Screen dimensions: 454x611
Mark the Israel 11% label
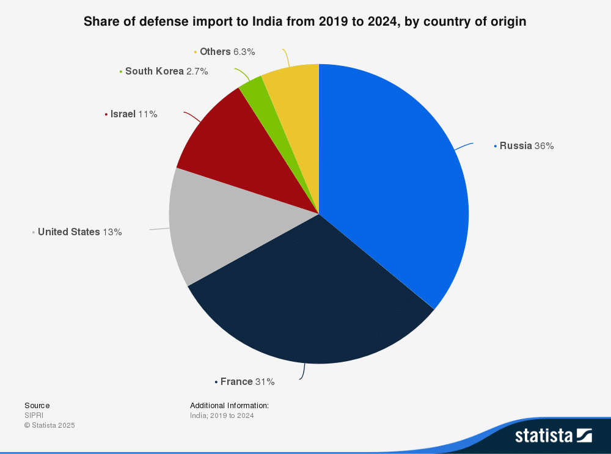pyautogui.click(x=134, y=114)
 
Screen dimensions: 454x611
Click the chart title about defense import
pyautogui.click(x=305, y=21)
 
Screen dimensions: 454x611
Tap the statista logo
pyautogui.click(x=553, y=435)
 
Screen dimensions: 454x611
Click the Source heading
pyautogui.click(x=37, y=406)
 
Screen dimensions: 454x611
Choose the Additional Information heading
pyautogui.click(x=229, y=406)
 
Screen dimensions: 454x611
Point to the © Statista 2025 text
pyautogui.click(x=49, y=425)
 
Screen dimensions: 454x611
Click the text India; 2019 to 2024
pyautogui.click(x=222, y=416)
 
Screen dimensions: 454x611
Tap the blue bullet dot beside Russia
pyautogui.click(x=495, y=146)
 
